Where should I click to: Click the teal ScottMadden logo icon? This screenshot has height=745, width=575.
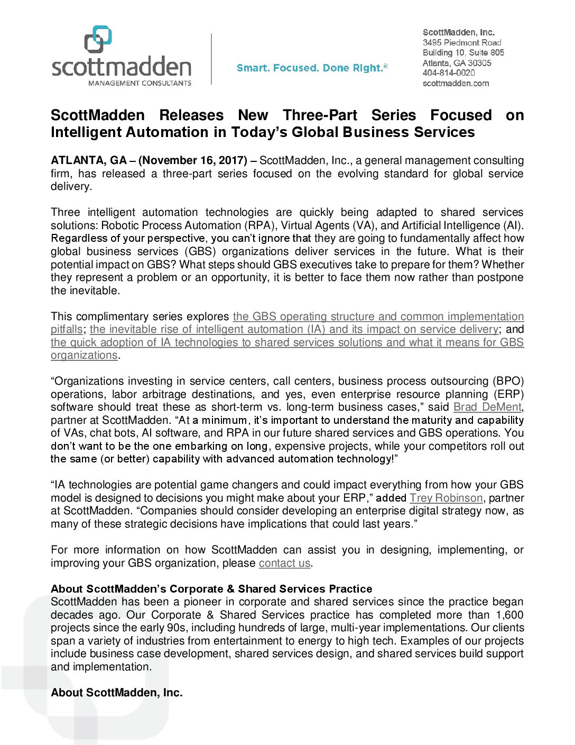point(98,39)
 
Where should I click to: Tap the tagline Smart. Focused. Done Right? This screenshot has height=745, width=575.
point(312,68)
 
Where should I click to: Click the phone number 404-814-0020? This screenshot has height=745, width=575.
point(448,73)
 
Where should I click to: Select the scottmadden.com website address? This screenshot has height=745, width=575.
point(456,83)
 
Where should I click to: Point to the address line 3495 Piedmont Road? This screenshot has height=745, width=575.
point(461,42)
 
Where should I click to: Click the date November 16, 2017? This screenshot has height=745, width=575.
point(193,160)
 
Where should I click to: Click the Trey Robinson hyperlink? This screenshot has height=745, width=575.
point(446,498)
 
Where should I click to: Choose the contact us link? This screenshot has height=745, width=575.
point(284,563)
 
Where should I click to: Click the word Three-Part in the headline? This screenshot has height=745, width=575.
point(320,115)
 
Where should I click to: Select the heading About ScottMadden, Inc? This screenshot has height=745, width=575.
point(116,693)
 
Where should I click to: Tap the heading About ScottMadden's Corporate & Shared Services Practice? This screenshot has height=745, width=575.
point(211,589)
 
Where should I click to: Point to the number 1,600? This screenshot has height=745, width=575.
point(509,615)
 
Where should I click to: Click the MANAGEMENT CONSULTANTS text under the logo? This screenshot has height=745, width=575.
point(140,83)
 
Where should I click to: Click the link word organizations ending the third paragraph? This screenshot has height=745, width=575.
point(84,355)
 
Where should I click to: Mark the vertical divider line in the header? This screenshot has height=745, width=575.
point(212,59)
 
